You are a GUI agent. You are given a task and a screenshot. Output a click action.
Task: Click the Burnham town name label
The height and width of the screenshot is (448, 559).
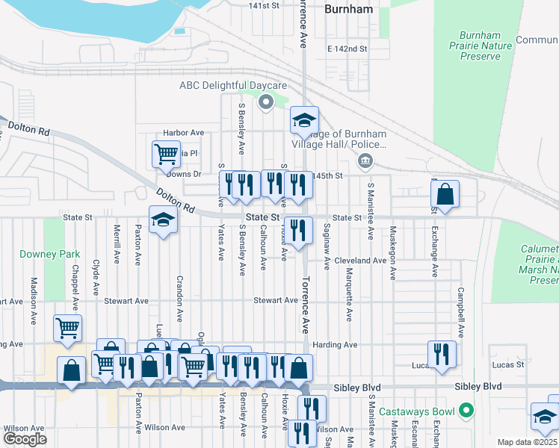tap(349, 10)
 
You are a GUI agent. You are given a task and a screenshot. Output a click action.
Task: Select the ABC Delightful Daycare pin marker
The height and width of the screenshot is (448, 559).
tap(265, 104)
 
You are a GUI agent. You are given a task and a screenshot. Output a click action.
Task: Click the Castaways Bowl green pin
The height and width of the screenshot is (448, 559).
tap(467, 411)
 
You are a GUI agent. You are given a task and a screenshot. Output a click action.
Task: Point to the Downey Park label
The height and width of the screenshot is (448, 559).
tap(50, 254)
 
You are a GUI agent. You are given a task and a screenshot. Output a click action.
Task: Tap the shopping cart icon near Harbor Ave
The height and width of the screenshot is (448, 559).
tap(166, 154)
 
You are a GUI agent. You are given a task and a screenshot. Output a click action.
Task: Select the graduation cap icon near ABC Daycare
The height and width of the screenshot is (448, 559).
tap(304, 119)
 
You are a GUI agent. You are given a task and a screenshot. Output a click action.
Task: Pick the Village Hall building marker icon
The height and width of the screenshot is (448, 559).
tap(365, 160)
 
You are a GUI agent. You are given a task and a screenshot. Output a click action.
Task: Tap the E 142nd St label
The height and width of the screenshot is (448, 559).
tap(348, 49)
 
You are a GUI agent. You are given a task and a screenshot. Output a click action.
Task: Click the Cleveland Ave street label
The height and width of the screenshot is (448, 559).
tap(359, 261)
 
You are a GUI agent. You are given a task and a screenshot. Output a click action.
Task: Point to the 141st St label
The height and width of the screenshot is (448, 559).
tap(264, 5)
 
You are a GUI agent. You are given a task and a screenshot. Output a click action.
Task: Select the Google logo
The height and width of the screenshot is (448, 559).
tap(25, 439)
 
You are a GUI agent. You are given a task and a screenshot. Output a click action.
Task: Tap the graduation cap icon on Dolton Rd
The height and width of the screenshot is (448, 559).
tap(163, 220)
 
